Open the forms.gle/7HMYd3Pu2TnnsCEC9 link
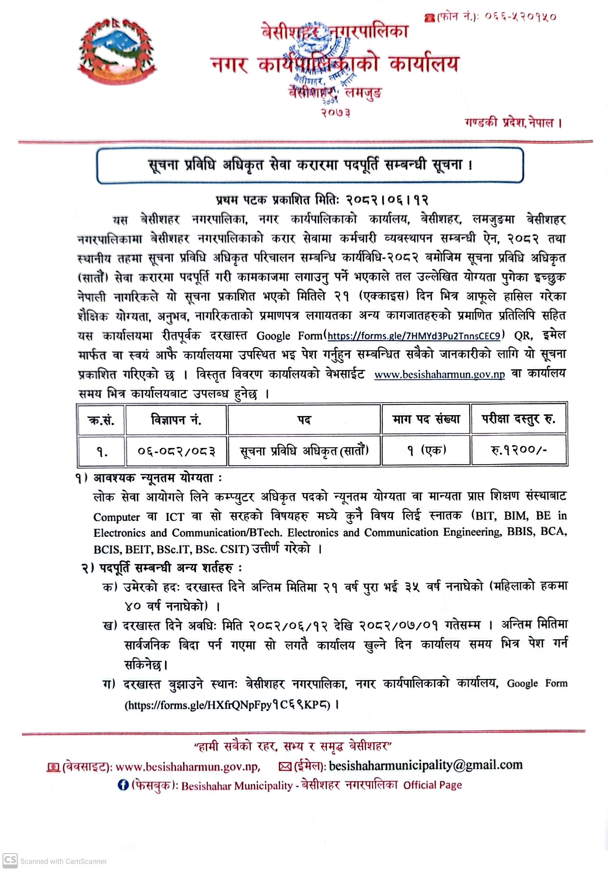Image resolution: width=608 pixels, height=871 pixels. pos(414,336)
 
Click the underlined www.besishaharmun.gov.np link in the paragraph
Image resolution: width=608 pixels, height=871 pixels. pos(439,374)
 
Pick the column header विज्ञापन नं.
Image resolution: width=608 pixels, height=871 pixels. pos(176,420)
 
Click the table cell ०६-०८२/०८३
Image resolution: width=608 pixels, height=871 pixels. pos(176,451)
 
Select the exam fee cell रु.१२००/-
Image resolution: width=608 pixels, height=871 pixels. pos(519,450)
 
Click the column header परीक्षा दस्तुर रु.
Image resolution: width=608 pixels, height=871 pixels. pos(519,419)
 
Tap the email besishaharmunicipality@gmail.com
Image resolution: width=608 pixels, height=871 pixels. pos(425,765)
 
